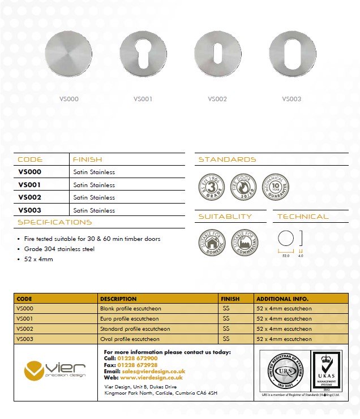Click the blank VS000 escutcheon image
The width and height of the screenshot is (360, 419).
[x=68, y=54]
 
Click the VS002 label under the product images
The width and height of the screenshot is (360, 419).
[x=217, y=99]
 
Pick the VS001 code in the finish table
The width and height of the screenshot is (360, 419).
[x=29, y=184]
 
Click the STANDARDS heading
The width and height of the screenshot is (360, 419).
[x=227, y=159]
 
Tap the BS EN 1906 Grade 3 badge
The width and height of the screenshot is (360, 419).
[x=211, y=187]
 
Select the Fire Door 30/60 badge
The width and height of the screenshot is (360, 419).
[x=243, y=187]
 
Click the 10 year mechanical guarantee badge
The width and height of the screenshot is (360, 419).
[x=276, y=187]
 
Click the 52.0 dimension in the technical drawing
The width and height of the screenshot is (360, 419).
[x=286, y=256]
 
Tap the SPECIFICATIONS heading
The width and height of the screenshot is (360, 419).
[x=54, y=222]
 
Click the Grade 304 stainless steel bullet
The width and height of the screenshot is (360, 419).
[x=59, y=249]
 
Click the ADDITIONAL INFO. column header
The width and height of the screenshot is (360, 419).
[x=282, y=299]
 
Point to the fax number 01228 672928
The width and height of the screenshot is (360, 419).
[x=139, y=365]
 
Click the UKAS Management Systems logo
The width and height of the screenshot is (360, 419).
[x=327, y=371]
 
